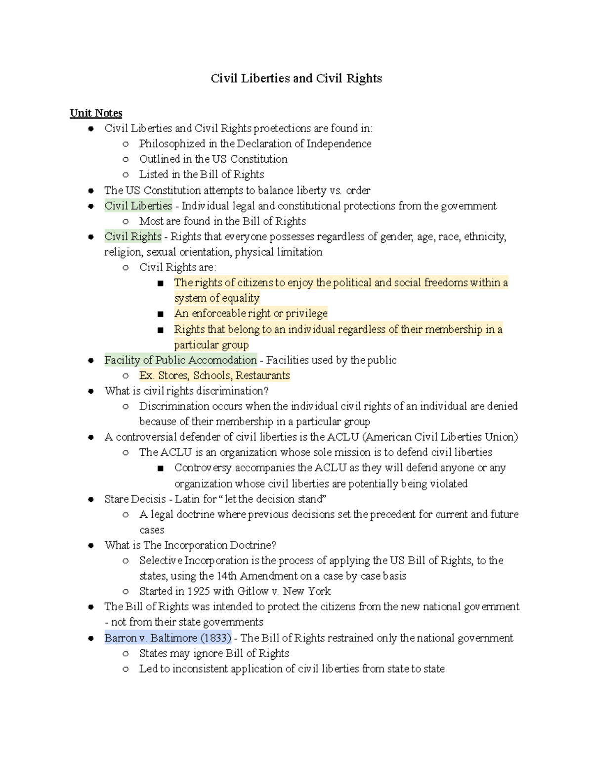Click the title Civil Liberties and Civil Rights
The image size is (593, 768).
[x=296, y=79]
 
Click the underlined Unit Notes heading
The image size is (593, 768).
[x=96, y=113]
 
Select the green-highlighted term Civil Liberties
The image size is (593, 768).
[x=138, y=206]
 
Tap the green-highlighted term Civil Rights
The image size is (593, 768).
[x=133, y=236]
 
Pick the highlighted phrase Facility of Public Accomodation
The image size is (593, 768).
[x=180, y=360]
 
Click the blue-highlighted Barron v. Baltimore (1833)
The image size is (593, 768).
[x=168, y=638]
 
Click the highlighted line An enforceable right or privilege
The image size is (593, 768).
[x=251, y=314]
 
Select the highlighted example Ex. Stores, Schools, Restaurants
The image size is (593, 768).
[x=214, y=375]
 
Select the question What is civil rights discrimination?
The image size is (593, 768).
[x=186, y=391]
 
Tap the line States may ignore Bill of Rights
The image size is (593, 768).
[x=214, y=653]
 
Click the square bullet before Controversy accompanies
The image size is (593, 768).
[x=160, y=468]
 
